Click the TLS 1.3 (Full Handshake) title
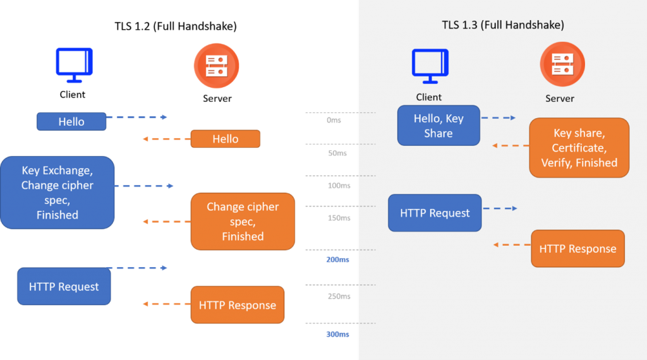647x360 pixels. coord(502,26)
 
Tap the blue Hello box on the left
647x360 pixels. coord(71,122)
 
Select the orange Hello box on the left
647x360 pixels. coord(225,139)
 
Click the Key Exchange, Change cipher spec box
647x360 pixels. coord(57,193)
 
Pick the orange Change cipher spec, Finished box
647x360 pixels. coord(243,221)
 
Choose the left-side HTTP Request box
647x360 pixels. coord(64,287)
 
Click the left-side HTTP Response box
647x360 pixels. coord(237,305)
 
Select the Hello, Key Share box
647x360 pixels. coord(438,126)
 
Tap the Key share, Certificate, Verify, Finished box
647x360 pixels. coord(579,148)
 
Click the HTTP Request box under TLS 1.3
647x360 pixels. coord(435,213)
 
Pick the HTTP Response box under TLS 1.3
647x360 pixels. coord(577,248)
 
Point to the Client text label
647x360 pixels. coord(428,97)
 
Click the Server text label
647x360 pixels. coord(560,99)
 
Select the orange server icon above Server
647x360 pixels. coord(562,64)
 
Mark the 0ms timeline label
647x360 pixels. coord(334,120)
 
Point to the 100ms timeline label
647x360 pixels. coord(339,185)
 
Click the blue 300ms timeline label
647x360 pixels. coord(338,334)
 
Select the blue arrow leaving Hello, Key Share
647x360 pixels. coord(499,118)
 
